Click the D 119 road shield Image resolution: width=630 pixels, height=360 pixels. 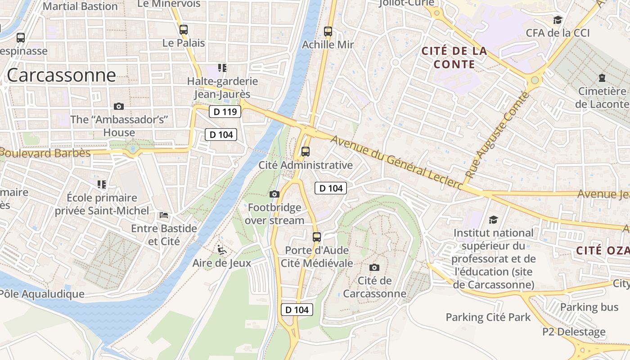click(225, 112)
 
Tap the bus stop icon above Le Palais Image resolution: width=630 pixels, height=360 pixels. click(184, 30)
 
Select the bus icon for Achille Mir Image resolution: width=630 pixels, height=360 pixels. click(328, 31)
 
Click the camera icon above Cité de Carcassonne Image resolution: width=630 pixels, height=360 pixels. click(374, 267)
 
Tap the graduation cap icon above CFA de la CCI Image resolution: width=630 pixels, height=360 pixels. click(558, 20)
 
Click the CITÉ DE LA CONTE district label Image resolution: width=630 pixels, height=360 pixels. click(454, 58)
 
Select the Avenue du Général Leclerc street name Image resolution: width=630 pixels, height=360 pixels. click(396, 163)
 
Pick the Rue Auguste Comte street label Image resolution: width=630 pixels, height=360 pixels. click(497, 135)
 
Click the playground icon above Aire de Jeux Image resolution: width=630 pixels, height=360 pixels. click(221, 249)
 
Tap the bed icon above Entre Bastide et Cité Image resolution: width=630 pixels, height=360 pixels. click(164, 215)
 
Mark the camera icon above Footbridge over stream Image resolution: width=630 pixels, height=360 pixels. click(274, 194)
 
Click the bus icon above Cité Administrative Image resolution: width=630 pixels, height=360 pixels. click(306, 152)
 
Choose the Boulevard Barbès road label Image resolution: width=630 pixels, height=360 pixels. click(45, 153)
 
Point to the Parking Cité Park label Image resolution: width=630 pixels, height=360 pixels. click(488, 317)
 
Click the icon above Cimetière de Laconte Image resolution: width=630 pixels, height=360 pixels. click(602, 78)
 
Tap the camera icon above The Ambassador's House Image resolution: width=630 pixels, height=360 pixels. click(119, 106)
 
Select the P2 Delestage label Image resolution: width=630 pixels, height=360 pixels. click(574, 332)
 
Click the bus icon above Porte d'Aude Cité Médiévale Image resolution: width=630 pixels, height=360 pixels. click(317, 237)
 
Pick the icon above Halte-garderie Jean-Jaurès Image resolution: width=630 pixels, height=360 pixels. click(222, 68)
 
